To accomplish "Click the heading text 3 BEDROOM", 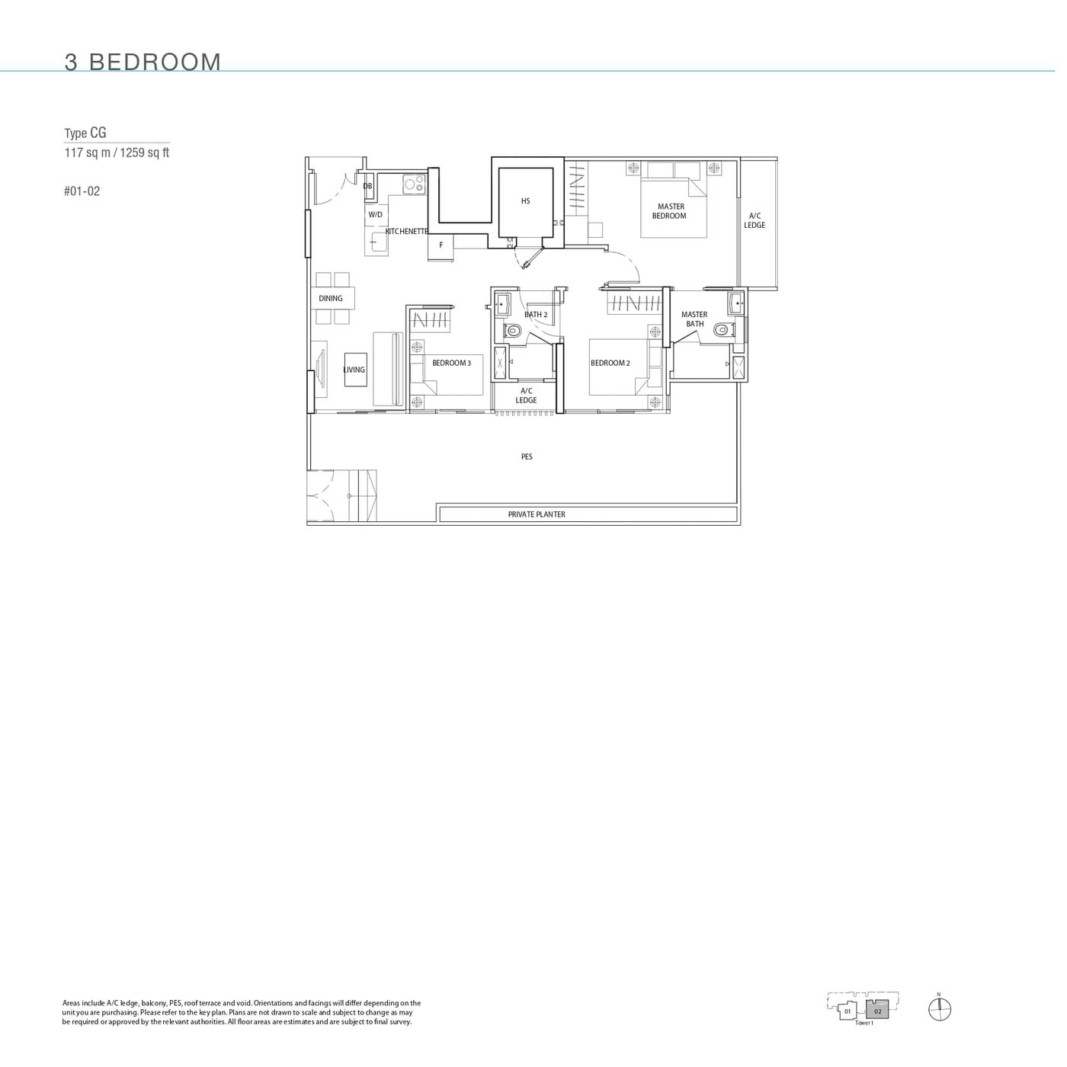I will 143,62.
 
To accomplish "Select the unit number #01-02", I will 82,191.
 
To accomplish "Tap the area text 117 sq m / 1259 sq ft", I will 117,152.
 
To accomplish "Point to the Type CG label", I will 85,133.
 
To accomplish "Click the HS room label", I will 525,201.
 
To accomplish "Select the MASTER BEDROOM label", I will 670,211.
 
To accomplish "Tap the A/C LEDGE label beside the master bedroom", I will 755,220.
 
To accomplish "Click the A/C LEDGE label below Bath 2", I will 526,395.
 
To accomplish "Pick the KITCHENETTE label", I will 407,231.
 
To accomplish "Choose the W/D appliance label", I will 375,215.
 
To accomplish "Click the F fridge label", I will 441,245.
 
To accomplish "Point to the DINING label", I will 331,298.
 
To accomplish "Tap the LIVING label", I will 354,370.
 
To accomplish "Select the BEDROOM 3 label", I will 451,363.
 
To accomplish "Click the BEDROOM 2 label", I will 610,363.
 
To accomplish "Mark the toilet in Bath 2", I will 513,332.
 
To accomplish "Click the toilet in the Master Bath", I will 721,331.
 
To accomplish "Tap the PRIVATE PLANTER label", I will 537,514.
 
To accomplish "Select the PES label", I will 527,457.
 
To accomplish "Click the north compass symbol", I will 939,1009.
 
